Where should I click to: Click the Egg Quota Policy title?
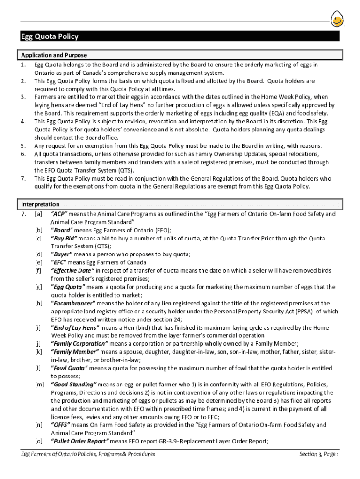(50, 36)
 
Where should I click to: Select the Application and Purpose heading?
(54, 55)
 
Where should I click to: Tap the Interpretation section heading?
(40, 204)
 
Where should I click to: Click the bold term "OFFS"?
(61, 425)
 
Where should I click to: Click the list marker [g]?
(38, 287)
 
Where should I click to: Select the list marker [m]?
(39, 384)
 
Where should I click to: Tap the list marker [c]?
(38, 238)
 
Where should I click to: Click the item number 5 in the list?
(23, 145)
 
